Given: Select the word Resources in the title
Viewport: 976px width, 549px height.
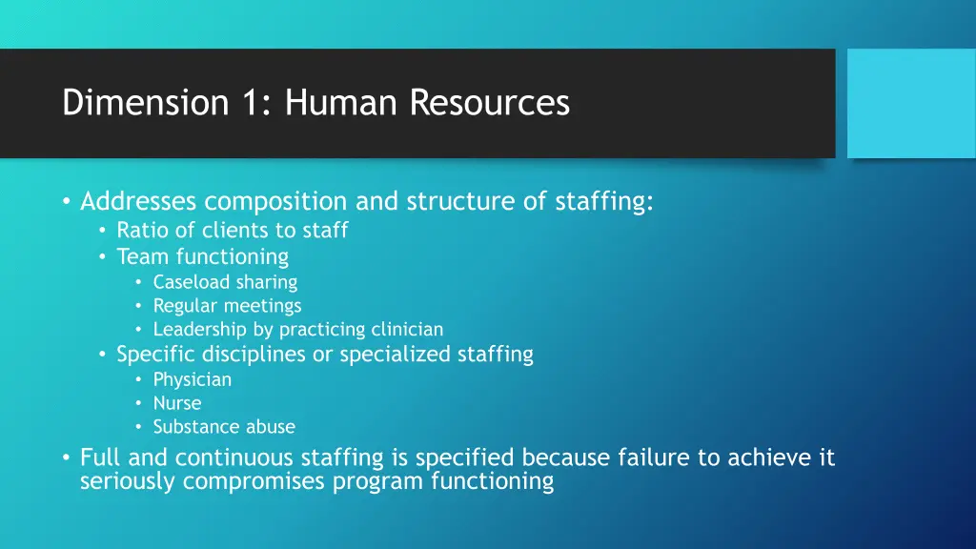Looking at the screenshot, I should pos(490,103).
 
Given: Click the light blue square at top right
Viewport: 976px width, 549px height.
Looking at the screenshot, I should pos(911,103).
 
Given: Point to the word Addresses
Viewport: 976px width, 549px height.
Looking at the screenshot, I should pos(138,202).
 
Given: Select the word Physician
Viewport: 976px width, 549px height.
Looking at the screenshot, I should pos(193,379).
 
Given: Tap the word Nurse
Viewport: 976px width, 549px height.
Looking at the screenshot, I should pos(177,403).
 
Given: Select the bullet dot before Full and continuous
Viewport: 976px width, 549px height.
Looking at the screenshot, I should pos(65,459).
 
